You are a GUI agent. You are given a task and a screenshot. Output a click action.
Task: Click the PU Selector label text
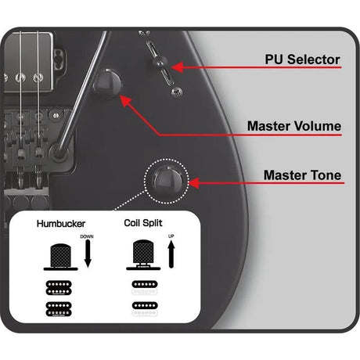pyautogui.click(x=302, y=59)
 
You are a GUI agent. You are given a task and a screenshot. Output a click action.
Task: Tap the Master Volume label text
pyautogui.click(x=294, y=126)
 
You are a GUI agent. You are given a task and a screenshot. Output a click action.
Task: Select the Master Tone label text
pyautogui.click(x=302, y=175)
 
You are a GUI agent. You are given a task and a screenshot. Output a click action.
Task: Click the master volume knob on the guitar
pyautogui.click(x=107, y=84)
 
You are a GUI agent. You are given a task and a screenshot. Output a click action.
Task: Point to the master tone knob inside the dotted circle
pyautogui.click(x=167, y=181)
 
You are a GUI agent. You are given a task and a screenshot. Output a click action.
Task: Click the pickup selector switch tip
pyautogui.click(x=159, y=63)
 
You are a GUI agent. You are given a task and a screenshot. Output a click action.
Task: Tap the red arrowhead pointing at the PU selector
pyautogui.click(x=178, y=67)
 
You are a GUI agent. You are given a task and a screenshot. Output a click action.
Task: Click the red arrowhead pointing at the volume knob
pyautogui.click(x=126, y=100)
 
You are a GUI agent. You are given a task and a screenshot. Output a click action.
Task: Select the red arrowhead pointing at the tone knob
pyautogui.click(x=193, y=183)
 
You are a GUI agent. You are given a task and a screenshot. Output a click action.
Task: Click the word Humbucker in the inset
pyautogui.click(x=61, y=224)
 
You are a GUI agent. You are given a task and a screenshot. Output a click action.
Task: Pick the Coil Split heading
pyautogui.click(x=143, y=223)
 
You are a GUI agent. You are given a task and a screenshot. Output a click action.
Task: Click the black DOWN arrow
pyautogui.click(x=88, y=254)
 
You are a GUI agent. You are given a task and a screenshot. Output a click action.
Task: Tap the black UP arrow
pyautogui.click(x=171, y=254)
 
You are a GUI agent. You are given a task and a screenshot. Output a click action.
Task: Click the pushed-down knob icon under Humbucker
pyautogui.click(x=60, y=257)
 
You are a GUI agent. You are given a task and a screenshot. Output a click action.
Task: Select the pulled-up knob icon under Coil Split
pyautogui.click(x=143, y=255)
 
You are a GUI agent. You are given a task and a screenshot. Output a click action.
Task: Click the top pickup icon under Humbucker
pyautogui.click(x=59, y=288)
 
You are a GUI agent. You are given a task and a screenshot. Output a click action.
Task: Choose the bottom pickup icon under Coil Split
pyautogui.click(x=145, y=309)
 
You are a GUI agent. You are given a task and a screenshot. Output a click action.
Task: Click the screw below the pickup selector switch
pyautogui.click(x=177, y=92)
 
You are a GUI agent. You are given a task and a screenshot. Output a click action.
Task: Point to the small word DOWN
pyautogui.click(x=87, y=236)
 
